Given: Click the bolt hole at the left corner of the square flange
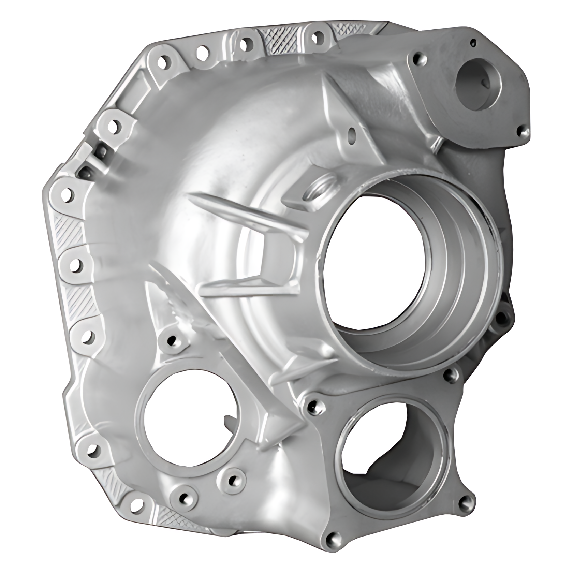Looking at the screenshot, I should pos(311,405).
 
